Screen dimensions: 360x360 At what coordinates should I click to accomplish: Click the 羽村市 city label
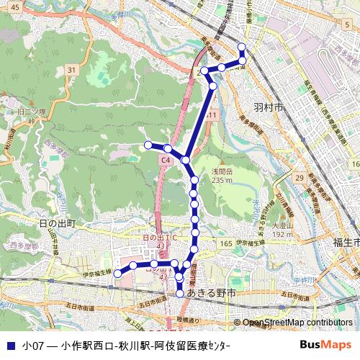[x=269, y=107]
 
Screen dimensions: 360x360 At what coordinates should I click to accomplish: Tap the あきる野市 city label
[x=211, y=295]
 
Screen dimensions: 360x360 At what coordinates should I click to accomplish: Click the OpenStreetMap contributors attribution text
[x=297, y=323]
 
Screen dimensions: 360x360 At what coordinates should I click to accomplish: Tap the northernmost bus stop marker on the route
[x=241, y=48]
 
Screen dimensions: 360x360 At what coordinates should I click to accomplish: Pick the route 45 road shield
[x=15, y=6]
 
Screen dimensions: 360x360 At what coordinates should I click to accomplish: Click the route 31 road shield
[x=71, y=69]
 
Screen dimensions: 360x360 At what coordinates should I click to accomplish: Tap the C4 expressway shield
[x=166, y=159]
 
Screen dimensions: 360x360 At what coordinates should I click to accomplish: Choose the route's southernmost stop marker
[x=180, y=294]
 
